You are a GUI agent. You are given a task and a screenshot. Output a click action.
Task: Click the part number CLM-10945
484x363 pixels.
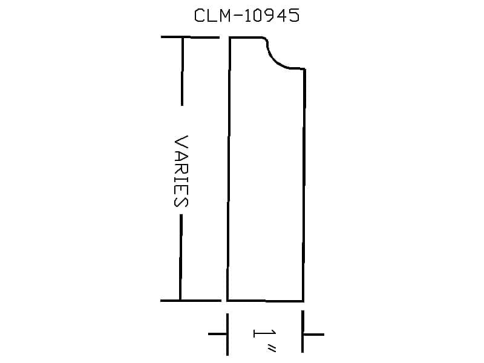(247, 16)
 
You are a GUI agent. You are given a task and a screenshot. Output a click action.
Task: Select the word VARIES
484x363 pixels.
(181, 171)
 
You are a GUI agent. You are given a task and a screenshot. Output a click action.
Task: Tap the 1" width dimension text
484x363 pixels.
(264, 341)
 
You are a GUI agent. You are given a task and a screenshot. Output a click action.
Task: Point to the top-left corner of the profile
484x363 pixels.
(230, 38)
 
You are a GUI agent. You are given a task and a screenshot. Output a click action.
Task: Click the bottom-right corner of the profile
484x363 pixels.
(304, 301)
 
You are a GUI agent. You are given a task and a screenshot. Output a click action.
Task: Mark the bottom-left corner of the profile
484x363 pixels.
(227, 300)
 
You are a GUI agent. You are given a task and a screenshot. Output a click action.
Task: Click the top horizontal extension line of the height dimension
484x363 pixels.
(190, 38)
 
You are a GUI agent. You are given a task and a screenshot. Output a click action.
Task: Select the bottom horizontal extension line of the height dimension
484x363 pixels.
(191, 300)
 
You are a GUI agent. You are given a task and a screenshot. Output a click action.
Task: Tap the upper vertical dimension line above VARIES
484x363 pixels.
(182, 71)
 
